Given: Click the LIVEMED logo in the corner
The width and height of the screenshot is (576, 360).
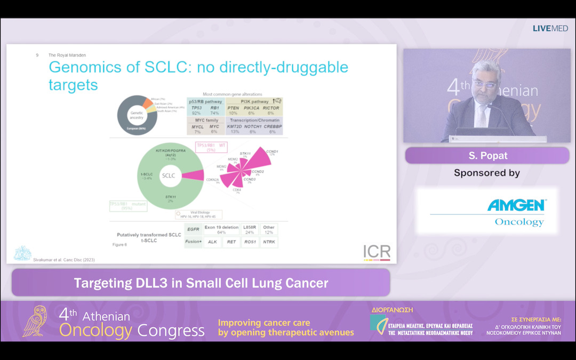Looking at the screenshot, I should click(550, 28).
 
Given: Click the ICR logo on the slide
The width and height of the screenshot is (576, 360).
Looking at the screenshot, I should click(377, 252).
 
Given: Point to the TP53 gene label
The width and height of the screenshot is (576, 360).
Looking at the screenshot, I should click(196, 108).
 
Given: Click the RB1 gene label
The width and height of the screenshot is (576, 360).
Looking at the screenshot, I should click(214, 108).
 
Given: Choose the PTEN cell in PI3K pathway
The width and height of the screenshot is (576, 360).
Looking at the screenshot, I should click(234, 108).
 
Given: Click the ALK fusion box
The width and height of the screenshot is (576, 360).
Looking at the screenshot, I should click(213, 242).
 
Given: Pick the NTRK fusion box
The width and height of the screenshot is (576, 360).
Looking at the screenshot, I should click(269, 242).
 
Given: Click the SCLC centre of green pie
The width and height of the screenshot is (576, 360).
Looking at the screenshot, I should click(169, 175).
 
